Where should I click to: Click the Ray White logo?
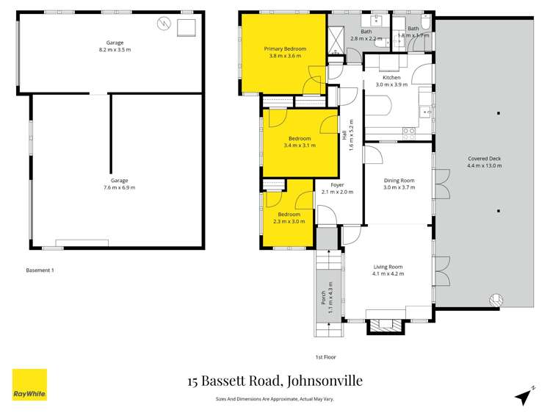tap(29, 384)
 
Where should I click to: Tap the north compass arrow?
tap(523, 396)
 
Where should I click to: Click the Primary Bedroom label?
tap(285, 49)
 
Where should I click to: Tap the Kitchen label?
tap(391, 77)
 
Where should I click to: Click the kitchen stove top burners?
tap(408, 132)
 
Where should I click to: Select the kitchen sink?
tap(424, 112)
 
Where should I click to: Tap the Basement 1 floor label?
tap(40, 270)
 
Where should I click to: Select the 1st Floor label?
tap(325, 357)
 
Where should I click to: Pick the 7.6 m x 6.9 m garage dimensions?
tap(119, 187)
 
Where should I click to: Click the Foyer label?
tap(337, 185)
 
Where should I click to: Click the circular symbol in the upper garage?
tap(163, 24)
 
